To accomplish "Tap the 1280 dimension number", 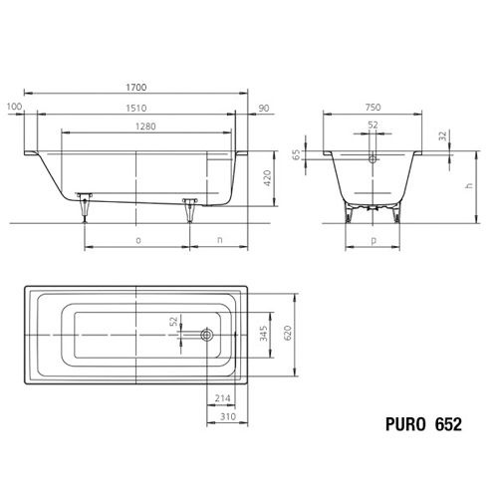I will point(146,126).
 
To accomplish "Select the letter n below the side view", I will point(218,240).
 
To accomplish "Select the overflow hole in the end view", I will point(371,157).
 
